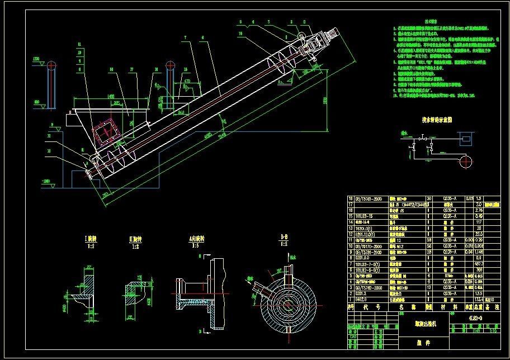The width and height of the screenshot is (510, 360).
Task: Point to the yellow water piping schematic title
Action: (x=436, y=120)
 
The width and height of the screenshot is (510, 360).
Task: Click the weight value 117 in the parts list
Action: (x=479, y=221)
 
